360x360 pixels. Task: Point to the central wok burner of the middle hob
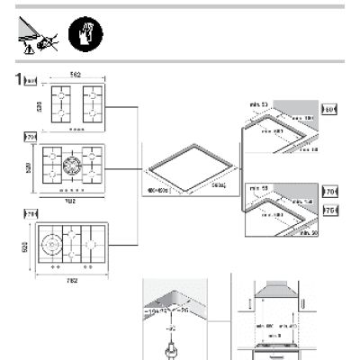[71, 166]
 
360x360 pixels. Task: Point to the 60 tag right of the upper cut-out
[328, 111]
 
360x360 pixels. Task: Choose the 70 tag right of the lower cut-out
[328, 191]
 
